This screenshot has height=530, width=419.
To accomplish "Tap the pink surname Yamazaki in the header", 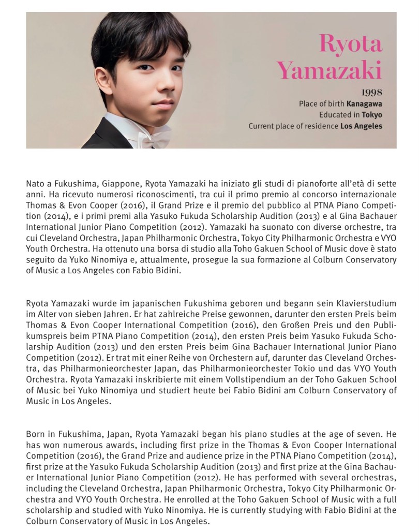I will click(x=329, y=69).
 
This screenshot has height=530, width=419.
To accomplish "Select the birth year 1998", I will click(x=372, y=93).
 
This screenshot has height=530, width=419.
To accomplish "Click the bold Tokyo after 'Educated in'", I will click(x=372, y=114).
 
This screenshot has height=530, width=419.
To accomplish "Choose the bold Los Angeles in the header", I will click(x=361, y=126).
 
